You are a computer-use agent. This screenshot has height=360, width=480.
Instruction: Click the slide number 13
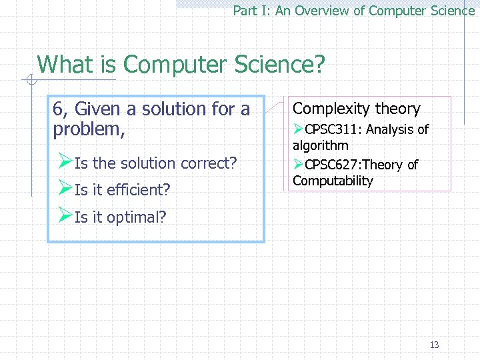(x=434, y=345)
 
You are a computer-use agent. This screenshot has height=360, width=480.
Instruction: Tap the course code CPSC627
(x=331, y=165)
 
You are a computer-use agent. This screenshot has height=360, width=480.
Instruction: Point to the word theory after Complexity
(x=397, y=109)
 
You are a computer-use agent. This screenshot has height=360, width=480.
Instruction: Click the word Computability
(x=333, y=181)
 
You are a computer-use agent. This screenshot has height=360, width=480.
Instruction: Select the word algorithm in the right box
(x=320, y=145)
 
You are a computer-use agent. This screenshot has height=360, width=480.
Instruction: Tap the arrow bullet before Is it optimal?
(x=65, y=215)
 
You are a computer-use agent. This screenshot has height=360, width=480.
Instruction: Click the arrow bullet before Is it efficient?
(x=65, y=189)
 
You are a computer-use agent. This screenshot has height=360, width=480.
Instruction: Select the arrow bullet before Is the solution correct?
(x=65, y=162)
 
